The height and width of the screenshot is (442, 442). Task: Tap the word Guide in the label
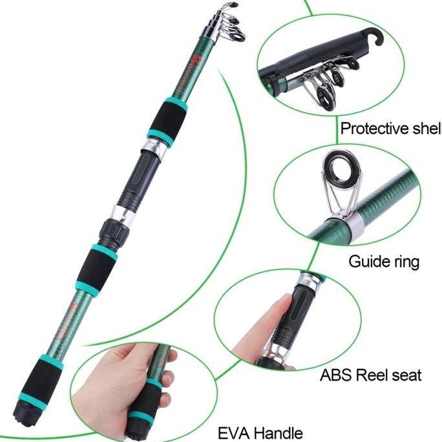[365, 262]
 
